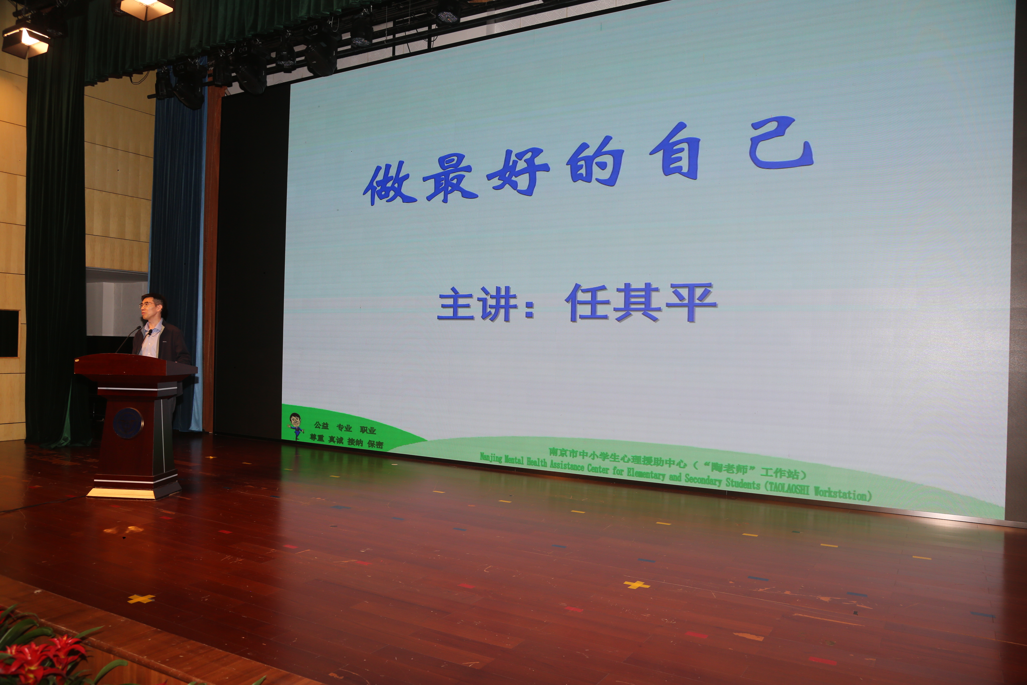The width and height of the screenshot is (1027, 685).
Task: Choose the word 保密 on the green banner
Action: [x=375, y=444]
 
